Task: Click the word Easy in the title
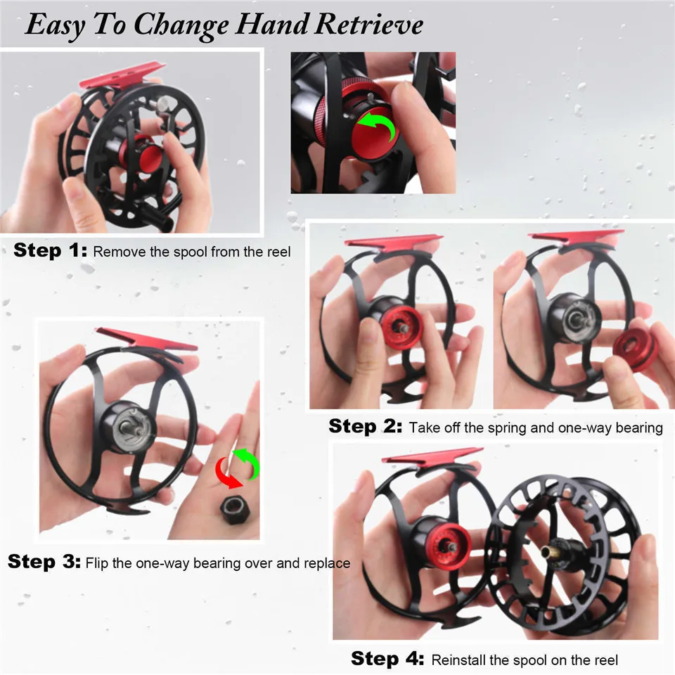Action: tap(55, 26)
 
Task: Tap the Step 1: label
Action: tap(51, 250)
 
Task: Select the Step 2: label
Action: tap(366, 426)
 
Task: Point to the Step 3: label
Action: tap(44, 561)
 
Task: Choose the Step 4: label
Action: tap(387, 658)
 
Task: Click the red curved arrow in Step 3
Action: tap(227, 473)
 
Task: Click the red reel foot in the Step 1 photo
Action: tap(122, 76)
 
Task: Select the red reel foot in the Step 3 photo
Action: tap(146, 340)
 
